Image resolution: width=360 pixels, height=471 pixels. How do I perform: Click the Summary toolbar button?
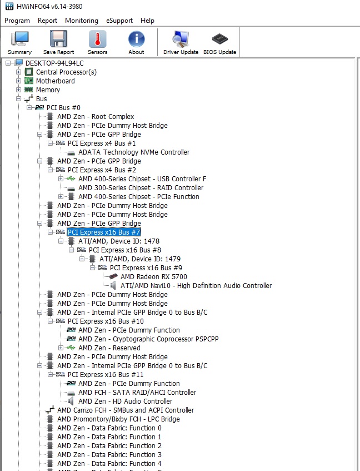coord(19,42)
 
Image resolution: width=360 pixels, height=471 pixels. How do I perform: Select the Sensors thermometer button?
coord(97,42)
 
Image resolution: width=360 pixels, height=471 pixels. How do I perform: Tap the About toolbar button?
coord(136,42)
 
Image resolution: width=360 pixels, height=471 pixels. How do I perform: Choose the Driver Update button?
coord(181,42)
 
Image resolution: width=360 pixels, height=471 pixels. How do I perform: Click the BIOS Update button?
coord(219,42)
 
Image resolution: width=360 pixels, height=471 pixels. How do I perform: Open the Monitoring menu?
coord(81,21)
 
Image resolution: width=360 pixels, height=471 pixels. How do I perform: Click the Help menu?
coord(147,21)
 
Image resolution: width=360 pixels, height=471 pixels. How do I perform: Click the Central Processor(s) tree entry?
coord(66,72)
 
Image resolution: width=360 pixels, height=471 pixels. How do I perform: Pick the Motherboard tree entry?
coord(55,81)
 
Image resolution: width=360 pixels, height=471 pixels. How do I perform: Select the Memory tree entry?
coord(48,90)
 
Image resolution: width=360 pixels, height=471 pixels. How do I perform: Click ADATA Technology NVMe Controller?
coord(134,152)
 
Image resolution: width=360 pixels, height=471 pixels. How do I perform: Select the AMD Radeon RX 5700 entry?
coord(153,276)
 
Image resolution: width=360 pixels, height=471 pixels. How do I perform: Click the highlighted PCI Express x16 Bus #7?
coord(104,232)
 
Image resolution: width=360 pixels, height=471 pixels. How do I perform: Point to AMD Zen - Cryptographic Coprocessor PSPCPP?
coord(148,339)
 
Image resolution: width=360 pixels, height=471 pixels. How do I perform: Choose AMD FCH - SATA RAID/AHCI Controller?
coord(137,392)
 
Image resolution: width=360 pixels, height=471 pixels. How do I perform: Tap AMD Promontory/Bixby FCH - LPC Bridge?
coord(118,419)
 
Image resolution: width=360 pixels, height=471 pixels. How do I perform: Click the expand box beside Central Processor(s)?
coord(19,72)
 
